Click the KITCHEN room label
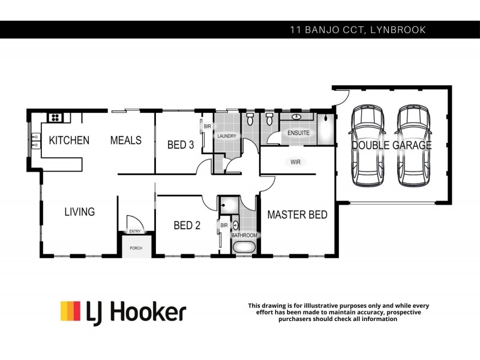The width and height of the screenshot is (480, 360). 69,140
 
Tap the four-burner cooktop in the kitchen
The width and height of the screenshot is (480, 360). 55,118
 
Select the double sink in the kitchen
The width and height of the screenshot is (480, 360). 34,141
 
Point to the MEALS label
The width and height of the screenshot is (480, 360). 126,140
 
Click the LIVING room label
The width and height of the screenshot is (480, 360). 80,212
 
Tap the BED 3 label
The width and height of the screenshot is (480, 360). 180,145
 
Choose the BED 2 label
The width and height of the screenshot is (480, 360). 187,226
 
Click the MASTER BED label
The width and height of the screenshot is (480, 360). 297,214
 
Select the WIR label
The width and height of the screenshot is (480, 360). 295,162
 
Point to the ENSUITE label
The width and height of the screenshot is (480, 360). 298,133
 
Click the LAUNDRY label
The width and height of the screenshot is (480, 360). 227,136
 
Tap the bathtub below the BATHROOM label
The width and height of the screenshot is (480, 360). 244,247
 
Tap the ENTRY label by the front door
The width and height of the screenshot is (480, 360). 134,231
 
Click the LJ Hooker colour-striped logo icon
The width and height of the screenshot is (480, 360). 70,311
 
